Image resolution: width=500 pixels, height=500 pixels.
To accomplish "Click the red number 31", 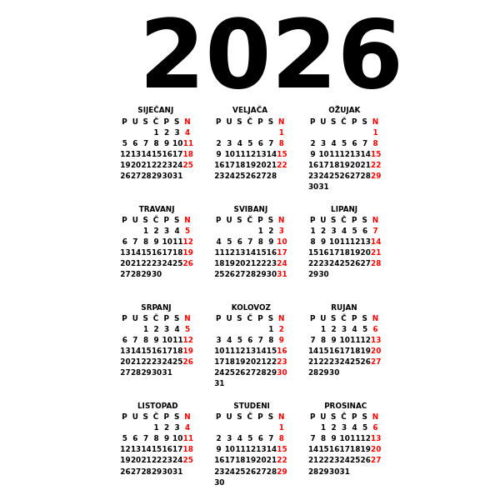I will (x=282, y=273).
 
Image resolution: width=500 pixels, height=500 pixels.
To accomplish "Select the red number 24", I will (x=282, y=262).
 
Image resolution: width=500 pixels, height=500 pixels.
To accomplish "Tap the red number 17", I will (x=282, y=252).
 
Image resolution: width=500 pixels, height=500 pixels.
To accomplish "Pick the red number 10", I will (x=282, y=241).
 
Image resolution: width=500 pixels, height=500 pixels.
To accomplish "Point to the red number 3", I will (x=282, y=230).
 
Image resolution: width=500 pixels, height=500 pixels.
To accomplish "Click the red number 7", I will (x=375, y=230).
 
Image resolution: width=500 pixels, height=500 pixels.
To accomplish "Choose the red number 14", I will (x=376, y=241).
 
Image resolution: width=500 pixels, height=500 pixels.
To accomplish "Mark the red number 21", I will (x=376, y=252).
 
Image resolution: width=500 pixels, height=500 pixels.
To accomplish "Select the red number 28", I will (x=376, y=262).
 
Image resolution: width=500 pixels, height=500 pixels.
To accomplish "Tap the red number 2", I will (x=282, y=328).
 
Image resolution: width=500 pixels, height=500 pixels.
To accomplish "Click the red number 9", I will (x=282, y=339).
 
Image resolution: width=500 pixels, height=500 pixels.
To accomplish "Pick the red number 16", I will (x=282, y=350).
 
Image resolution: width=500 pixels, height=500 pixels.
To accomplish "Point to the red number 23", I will (x=282, y=361).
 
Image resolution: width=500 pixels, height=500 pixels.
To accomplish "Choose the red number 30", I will (x=282, y=372).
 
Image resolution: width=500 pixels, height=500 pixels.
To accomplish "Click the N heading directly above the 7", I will (x=375, y=219).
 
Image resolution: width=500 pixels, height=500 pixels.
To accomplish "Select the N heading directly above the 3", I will (x=282, y=219).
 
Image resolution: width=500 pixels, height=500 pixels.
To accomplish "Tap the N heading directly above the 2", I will (x=282, y=317).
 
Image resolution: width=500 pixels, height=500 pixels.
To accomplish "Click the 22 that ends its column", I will (x=282, y=164).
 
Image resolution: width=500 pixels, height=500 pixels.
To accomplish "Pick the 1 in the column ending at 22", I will (x=282, y=132).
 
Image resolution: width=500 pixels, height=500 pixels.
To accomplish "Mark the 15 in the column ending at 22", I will (x=282, y=153).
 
